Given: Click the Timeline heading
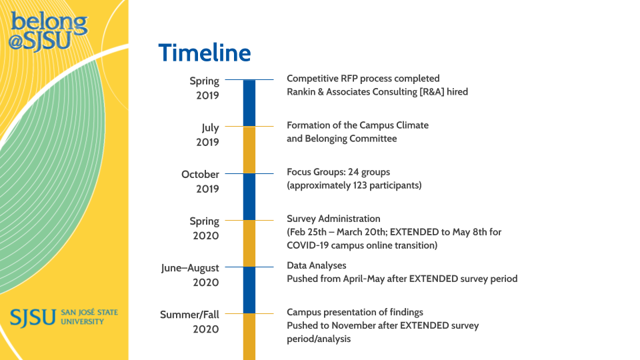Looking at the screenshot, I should pyautogui.click(x=205, y=53).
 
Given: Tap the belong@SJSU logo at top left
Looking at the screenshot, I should pyautogui.click(x=48, y=31).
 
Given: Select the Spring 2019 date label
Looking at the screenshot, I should pyautogui.click(x=204, y=88).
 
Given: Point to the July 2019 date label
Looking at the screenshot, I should pyautogui.click(x=210, y=135).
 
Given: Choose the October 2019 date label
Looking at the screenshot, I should pyautogui.click(x=200, y=181).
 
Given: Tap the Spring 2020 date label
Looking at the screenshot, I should pyautogui.click(x=204, y=228).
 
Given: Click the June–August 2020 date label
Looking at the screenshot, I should pyautogui.click(x=190, y=275).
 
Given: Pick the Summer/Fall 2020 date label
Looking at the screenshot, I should pyautogui.click(x=189, y=321).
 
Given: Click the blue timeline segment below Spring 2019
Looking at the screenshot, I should pyautogui.click(x=249, y=103).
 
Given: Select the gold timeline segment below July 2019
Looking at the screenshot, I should pyautogui.click(x=249, y=149).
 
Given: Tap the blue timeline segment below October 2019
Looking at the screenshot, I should pyautogui.click(x=249, y=196).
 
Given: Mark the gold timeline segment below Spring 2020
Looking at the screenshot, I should pyautogui.click(x=249, y=243).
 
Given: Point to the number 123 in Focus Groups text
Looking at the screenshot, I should pyautogui.click(x=361, y=185).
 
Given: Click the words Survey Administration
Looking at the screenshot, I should pyautogui.click(x=333, y=219).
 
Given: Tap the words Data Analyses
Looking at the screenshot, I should pyautogui.click(x=317, y=265).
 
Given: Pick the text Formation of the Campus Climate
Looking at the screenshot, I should pyautogui.click(x=357, y=125).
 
